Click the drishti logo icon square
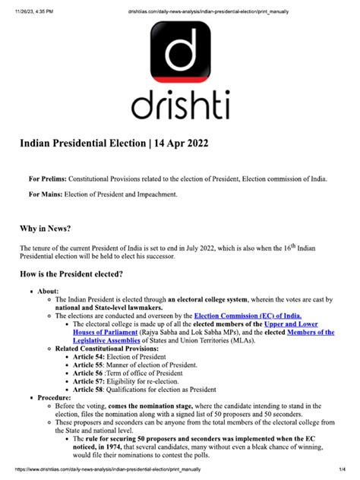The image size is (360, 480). click(x=180, y=55)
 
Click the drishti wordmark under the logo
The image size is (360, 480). click(x=180, y=106)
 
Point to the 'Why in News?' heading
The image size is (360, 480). click(x=51, y=228)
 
